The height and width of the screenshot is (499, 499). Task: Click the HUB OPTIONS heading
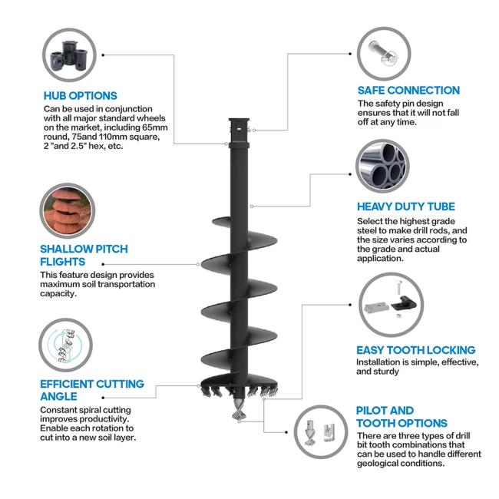click(81, 96)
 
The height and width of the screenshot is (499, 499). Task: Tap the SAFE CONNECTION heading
click(408, 90)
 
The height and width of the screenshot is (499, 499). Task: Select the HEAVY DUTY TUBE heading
click(406, 207)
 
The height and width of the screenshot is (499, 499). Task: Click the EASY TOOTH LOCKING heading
click(415, 350)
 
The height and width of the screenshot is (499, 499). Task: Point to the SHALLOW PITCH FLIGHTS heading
click(84, 256)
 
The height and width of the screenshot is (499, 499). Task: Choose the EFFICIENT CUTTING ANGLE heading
click(91, 390)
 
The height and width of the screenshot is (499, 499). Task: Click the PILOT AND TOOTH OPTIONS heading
click(402, 417)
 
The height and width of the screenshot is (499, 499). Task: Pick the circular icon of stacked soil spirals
click(68, 210)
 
